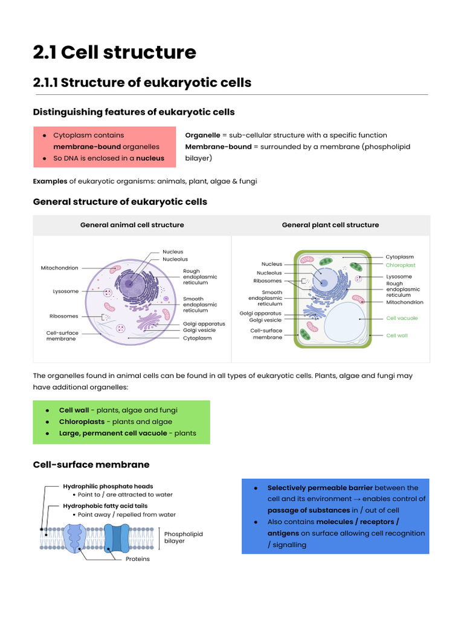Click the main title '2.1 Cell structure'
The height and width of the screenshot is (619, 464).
coord(114,53)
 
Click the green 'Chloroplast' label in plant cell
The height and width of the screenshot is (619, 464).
coord(401,265)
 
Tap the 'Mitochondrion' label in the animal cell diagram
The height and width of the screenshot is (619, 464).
coord(59,268)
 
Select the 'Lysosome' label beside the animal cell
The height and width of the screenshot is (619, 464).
coord(66,291)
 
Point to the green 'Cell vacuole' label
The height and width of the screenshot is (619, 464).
coord(402,318)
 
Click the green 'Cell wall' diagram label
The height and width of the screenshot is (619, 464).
coord(397,335)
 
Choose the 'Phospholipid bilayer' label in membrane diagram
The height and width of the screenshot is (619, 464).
coord(184,537)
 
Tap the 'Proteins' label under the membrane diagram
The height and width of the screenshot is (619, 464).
coord(138,559)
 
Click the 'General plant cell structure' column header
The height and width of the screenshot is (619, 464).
coord(330,225)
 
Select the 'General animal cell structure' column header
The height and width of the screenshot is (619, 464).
coord(132,225)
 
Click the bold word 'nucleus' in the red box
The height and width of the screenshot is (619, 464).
coord(150,158)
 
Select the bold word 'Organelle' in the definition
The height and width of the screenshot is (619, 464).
coord(202,135)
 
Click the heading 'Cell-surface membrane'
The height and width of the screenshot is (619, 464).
coord(91,465)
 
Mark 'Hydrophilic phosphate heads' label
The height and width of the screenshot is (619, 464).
coord(108,486)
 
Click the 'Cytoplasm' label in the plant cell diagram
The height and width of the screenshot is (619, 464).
coord(400,257)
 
